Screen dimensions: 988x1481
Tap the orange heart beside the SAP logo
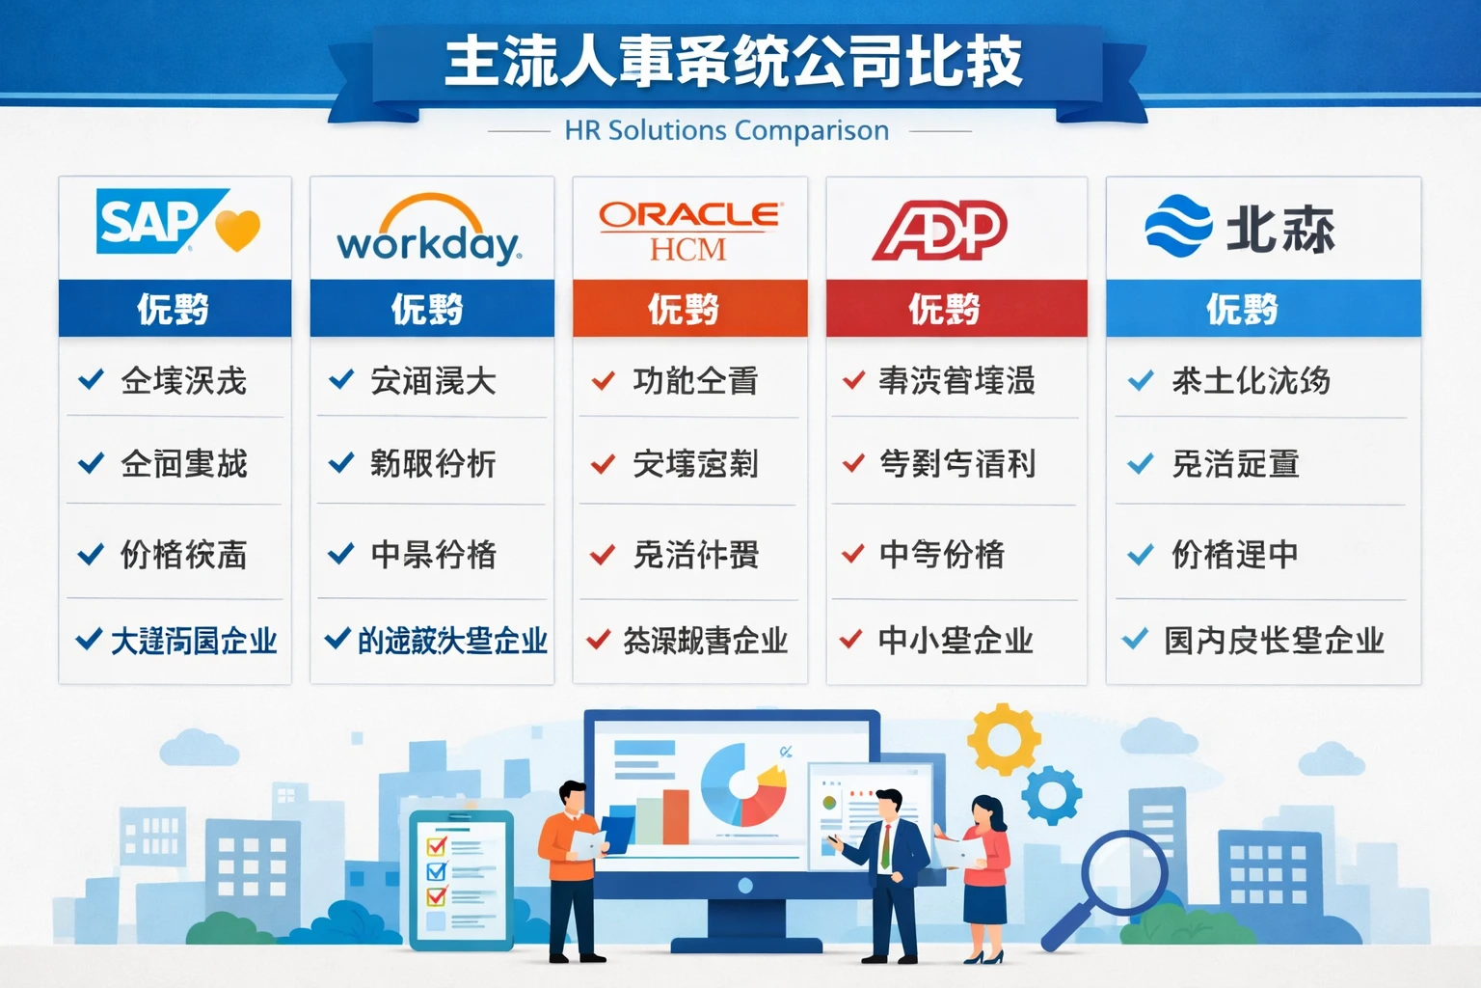238,231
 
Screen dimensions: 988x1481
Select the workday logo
429,232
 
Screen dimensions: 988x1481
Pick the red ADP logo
940,231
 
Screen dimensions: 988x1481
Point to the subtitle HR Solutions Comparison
727,130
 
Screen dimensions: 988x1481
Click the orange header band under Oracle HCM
689,309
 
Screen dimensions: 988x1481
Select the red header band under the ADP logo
956,309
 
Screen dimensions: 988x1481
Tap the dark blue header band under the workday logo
431,309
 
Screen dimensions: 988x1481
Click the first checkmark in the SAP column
91,379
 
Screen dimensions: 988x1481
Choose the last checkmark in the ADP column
850,639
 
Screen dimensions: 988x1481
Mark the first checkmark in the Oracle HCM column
604,380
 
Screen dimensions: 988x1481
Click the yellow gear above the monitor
1003,739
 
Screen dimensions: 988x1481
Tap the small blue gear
1051,795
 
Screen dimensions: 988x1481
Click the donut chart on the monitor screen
742,784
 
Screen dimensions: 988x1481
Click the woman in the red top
983,873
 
